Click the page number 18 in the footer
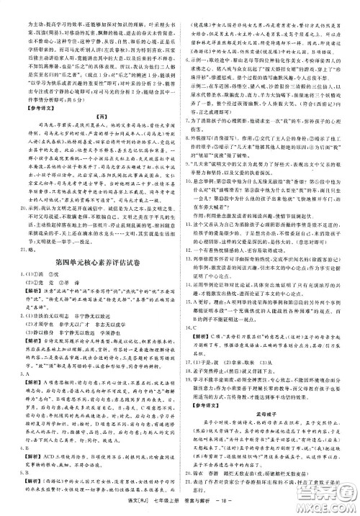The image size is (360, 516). click(214, 508)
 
